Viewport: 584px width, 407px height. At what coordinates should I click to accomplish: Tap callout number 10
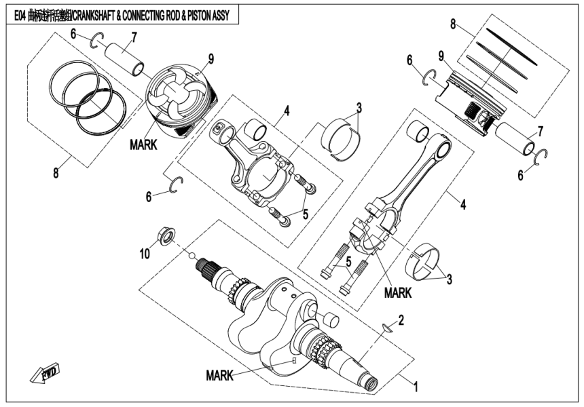pos(144,254)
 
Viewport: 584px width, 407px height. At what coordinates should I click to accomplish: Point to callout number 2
pos(401,318)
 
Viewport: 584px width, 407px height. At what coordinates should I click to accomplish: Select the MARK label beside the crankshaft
pos(220,374)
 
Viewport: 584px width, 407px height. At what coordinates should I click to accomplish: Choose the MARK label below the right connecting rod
pos(399,294)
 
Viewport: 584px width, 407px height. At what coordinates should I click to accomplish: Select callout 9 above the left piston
pos(211,60)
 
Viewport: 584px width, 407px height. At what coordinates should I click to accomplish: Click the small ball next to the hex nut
pos(193,256)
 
